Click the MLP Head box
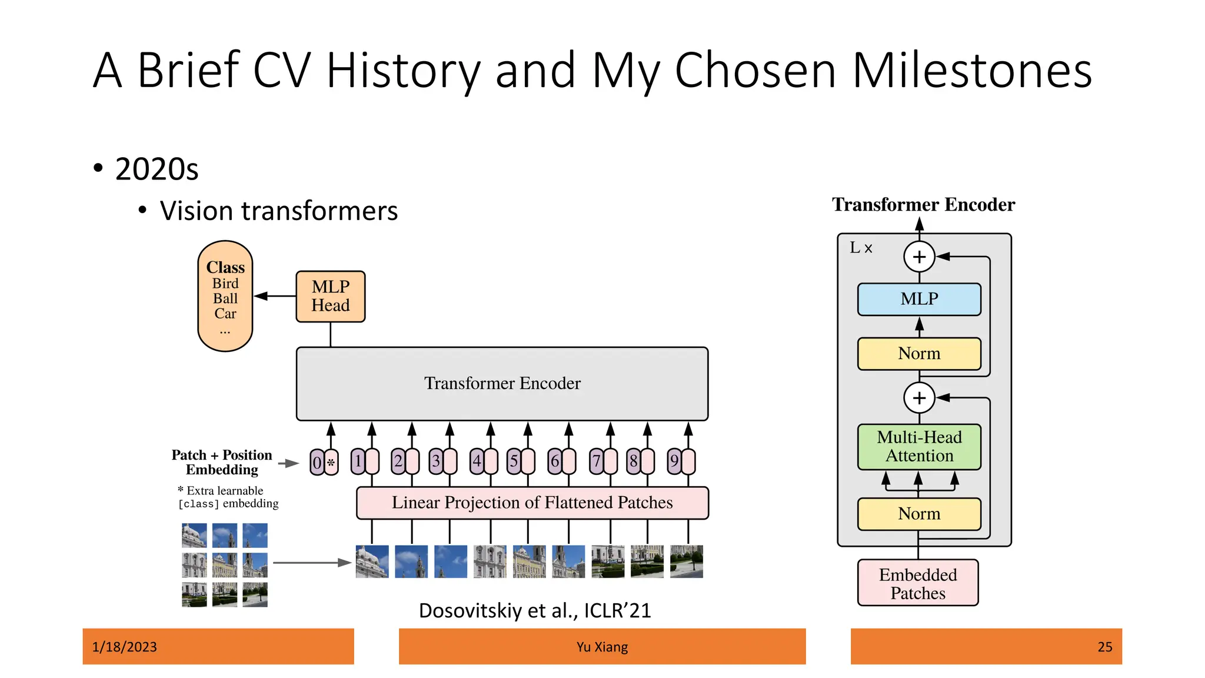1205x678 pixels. [330, 296]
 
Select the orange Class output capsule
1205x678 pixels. [225, 296]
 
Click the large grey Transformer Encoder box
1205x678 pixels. [502, 383]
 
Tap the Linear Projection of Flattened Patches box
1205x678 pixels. [532, 503]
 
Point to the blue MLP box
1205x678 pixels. [919, 299]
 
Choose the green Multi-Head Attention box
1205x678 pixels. [919, 447]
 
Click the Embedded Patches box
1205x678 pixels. [918, 583]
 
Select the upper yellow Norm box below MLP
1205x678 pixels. [919, 354]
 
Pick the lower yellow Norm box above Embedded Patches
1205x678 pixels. [919, 514]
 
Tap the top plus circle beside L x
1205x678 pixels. [919, 257]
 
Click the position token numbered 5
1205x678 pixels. [514, 461]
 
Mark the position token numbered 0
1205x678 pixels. [317, 463]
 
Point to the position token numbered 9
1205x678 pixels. [674, 461]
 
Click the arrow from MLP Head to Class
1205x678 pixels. [275, 296]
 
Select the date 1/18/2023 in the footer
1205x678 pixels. [125, 647]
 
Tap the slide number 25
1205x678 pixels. [1104, 647]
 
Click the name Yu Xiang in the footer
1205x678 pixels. [602, 647]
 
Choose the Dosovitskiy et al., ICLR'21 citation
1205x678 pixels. [535, 611]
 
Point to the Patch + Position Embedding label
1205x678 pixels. [222, 462]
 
